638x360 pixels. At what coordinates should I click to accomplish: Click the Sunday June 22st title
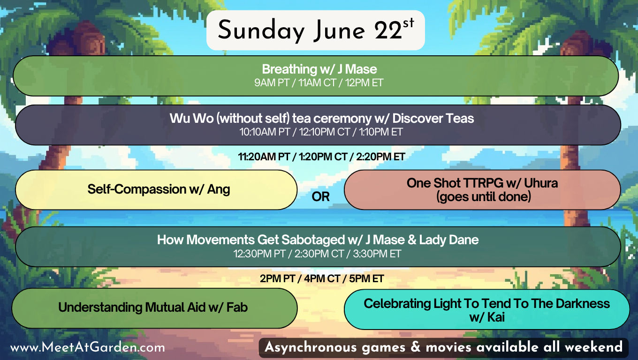click(316, 30)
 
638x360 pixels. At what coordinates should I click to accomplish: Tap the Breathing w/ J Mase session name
click(319, 69)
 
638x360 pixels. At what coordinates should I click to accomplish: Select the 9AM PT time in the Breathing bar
click(272, 83)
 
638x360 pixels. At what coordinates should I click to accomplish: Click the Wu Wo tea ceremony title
click(321, 119)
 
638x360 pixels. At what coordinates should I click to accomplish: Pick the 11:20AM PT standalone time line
click(321, 157)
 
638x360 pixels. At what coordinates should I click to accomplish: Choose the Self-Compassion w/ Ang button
click(156, 190)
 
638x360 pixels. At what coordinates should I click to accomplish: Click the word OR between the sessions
click(320, 197)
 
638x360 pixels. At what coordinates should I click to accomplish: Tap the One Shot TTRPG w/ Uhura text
click(482, 183)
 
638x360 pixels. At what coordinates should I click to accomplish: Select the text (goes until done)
click(484, 197)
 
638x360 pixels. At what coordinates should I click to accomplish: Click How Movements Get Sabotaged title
click(318, 240)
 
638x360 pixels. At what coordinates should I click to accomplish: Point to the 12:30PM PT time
click(259, 254)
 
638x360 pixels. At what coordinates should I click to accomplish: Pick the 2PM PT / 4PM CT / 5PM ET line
click(321, 278)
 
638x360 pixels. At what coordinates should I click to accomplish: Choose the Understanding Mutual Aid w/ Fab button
click(154, 308)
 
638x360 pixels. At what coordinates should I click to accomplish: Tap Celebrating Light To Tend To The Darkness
click(486, 304)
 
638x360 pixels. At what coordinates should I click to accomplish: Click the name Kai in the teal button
click(496, 317)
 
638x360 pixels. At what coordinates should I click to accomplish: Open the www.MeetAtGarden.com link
click(87, 348)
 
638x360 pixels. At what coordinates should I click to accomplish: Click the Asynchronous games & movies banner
click(443, 347)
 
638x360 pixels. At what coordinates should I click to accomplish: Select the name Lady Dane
click(448, 240)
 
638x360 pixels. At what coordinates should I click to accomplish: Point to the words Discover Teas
click(433, 119)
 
